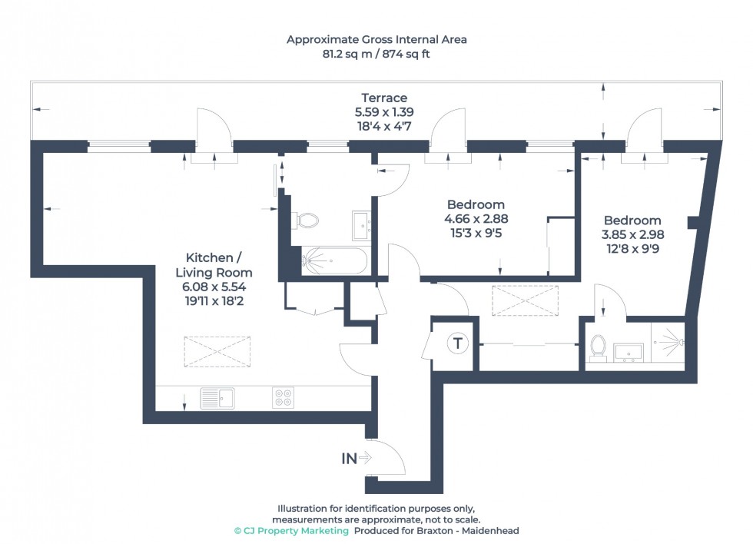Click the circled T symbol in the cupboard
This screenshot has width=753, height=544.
click(x=458, y=343)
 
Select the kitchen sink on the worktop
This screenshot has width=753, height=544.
click(x=217, y=398)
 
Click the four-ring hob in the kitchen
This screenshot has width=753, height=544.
click(x=283, y=398)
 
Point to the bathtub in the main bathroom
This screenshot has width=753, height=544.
click(x=334, y=260)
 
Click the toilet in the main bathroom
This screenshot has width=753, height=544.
click(x=308, y=221)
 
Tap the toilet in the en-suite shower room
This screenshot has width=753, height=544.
click(x=598, y=348)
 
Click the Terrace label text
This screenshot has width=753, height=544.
click(x=384, y=98)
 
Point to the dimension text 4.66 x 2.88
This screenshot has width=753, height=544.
click(x=476, y=218)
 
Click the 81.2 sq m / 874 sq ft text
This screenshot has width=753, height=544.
click(x=376, y=55)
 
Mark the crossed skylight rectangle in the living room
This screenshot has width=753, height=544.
click(x=216, y=353)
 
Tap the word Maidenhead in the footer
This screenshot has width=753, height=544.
click(x=493, y=531)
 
